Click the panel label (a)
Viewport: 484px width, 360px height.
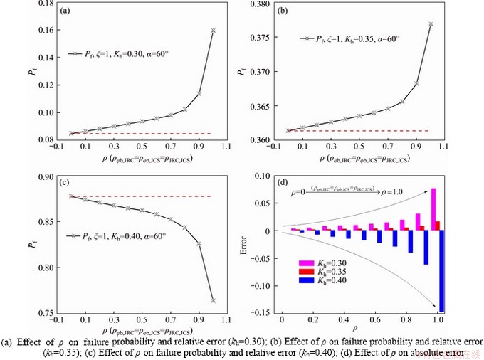click(x=65, y=11)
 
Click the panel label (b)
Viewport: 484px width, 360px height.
click(x=283, y=11)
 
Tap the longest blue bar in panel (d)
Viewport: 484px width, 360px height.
click(x=442, y=271)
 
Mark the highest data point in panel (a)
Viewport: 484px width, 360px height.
click(x=214, y=31)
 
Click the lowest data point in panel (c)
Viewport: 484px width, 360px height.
click(x=214, y=301)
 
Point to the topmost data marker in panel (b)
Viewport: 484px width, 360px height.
click(x=430, y=23)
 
